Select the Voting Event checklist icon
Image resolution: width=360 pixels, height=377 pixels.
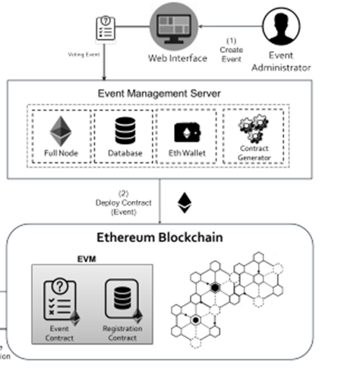pyautogui.click(x=106, y=30)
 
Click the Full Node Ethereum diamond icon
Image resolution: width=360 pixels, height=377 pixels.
pyautogui.click(x=60, y=131)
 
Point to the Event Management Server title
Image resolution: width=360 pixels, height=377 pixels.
pyautogui.click(x=159, y=93)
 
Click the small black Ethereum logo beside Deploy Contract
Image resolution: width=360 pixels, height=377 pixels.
pyautogui.click(x=184, y=202)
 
